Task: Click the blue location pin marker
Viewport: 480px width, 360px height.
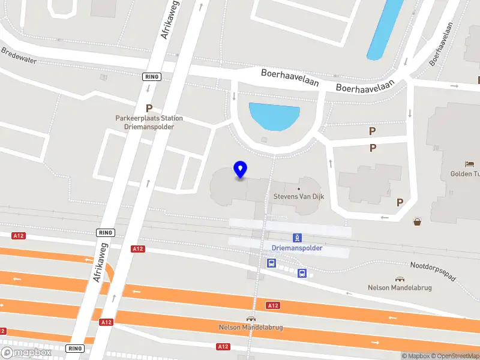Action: point(241,169)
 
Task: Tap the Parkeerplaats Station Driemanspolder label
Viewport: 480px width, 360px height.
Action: point(149,122)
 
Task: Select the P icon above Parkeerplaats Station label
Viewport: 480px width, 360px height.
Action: point(149,109)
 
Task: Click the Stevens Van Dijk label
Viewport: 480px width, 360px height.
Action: point(299,197)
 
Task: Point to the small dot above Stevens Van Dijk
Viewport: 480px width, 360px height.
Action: point(299,188)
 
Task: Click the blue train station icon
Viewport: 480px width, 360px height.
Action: point(296,238)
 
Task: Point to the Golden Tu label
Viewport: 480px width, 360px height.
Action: point(465,174)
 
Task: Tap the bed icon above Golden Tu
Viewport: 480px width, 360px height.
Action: point(470,163)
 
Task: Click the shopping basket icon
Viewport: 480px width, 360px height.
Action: point(418,222)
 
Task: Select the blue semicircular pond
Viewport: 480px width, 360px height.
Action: point(274,115)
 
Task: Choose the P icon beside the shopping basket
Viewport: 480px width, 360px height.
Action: point(400,203)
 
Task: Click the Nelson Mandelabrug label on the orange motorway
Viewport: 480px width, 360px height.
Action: point(251,328)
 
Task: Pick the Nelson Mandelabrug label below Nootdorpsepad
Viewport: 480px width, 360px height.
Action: point(400,287)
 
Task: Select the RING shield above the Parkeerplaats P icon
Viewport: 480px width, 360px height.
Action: point(151,77)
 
